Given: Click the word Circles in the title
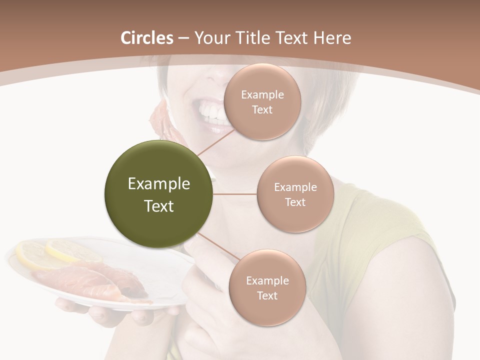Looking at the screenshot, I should coord(147,38).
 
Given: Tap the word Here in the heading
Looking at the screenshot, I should coord(332,38).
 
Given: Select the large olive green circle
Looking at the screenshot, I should coord(158,194).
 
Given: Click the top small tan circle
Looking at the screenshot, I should coord(262,102).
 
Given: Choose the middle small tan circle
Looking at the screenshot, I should coord(295,194).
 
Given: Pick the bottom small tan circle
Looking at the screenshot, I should coord(267,288).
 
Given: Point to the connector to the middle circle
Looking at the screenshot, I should coord(234,194).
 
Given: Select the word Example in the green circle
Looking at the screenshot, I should coord(158,184).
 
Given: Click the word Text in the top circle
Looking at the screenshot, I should coord(262,109).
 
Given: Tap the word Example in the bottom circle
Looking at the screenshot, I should coord(267,280).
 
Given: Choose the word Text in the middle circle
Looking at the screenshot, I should coord(295,202).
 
